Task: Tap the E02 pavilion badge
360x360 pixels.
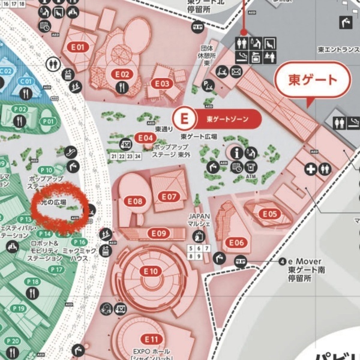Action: pyautogui.click(x=122, y=74)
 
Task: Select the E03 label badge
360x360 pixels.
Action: pyautogui.click(x=163, y=83)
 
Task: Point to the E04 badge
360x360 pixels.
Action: pyautogui.click(x=145, y=138)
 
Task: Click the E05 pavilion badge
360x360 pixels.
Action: pyautogui.click(x=270, y=214)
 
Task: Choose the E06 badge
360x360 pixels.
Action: pyautogui.click(x=236, y=242)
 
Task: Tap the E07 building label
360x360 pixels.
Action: pyautogui.click(x=169, y=196)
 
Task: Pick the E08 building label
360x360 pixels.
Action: pyautogui.click(x=136, y=202)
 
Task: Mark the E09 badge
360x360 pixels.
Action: pyautogui.click(x=159, y=233)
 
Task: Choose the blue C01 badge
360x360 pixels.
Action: pyautogui.click(x=26, y=81)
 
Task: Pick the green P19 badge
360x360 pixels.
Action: pyautogui.click(x=18, y=309)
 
